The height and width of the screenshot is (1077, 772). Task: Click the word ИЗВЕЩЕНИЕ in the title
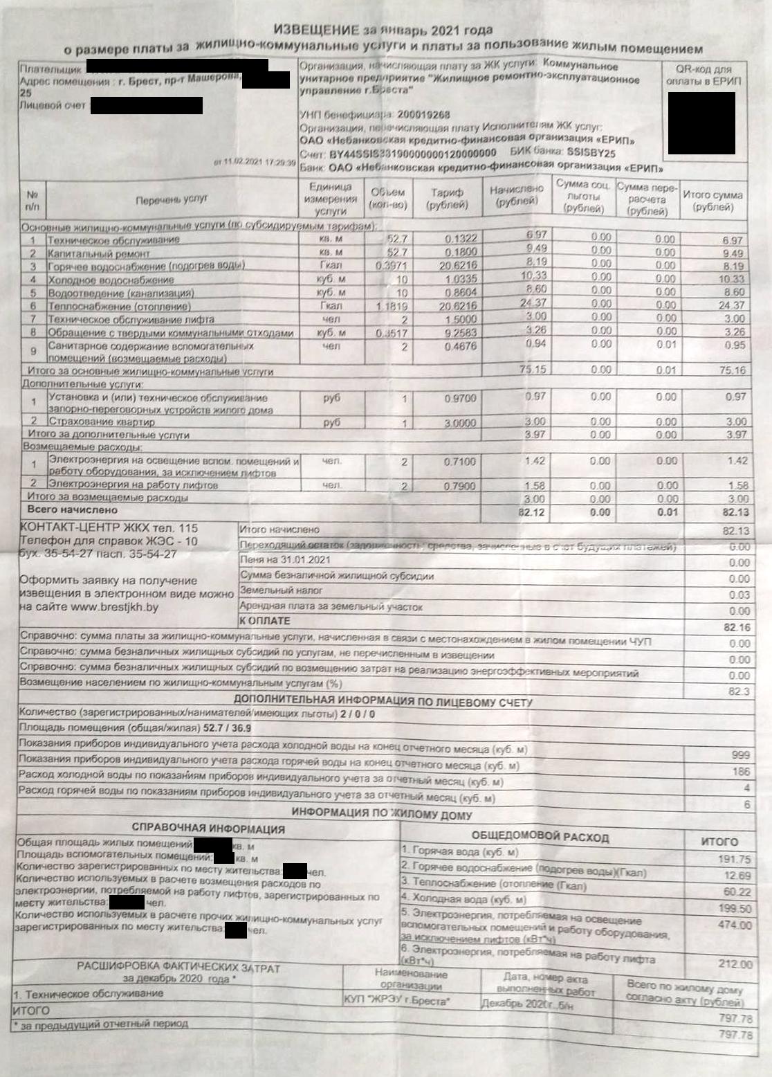(315, 29)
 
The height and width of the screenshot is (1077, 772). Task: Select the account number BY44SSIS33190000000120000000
(413, 153)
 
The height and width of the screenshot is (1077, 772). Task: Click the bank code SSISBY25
(591, 153)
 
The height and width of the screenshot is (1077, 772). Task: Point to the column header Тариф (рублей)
(447, 198)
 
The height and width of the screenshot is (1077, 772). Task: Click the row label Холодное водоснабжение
(111, 280)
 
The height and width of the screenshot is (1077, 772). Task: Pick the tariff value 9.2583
(460, 332)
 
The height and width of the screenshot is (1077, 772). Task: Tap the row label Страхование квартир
(101, 422)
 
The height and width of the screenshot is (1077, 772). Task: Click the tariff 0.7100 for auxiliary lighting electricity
(459, 462)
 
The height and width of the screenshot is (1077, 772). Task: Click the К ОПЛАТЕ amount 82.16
(736, 627)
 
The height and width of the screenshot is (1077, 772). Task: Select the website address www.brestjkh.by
(114, 607)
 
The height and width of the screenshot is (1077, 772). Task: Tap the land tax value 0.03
(739, 595)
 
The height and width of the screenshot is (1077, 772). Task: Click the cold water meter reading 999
(739, 754)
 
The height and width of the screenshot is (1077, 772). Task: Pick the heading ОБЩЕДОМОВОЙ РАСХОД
(540, 837)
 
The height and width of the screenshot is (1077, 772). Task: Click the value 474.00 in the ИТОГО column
(734, 925)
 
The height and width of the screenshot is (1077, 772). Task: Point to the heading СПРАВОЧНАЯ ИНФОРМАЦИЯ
(208, 829)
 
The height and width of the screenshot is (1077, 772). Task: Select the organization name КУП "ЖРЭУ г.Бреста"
(396, 1001)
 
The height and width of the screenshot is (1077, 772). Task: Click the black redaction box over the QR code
(701, 123)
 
